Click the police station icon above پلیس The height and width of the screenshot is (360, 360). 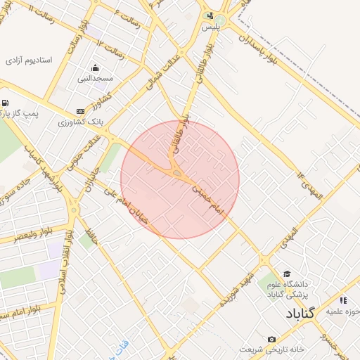210,16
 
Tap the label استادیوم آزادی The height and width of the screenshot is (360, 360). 29,60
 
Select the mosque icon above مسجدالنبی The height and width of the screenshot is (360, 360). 95,67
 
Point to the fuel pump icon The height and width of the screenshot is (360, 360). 6,103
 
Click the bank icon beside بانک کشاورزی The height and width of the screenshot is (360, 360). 80,111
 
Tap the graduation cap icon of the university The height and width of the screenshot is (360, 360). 286,274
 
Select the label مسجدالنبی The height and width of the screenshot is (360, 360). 95,79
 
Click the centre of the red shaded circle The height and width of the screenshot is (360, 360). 180,179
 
